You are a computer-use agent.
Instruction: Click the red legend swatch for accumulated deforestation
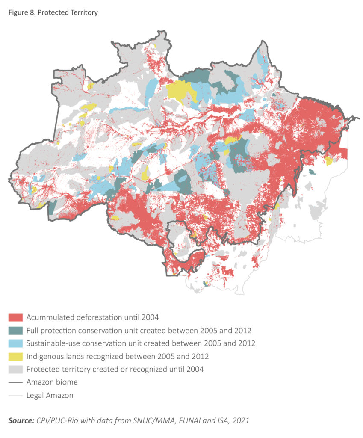point(15,317)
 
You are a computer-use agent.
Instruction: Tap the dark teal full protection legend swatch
point(15,330)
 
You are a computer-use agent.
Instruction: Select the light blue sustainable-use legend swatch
point(15,343)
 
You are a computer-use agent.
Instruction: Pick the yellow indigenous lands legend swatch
point(15,356)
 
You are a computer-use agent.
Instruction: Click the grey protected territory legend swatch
point(15,369)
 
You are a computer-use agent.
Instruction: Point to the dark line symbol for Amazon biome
point(15,382)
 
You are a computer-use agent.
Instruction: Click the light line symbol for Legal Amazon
point(15,396)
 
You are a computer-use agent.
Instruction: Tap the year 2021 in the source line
point(240,421)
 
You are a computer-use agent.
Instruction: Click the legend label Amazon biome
point(52,382)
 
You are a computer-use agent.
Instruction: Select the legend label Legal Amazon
point(50,396)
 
